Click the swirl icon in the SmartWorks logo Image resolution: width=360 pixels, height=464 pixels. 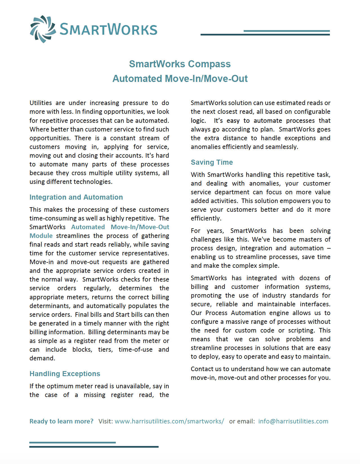pos(43,29)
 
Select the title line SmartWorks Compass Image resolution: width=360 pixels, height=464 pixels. pos(180,64)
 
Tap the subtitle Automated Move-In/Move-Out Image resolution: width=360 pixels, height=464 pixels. pos(180,79)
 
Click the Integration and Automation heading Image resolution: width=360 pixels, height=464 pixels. pos(76,197)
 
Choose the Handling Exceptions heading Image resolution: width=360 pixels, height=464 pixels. pos(65,374)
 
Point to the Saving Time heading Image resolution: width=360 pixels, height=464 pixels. pos(212,162)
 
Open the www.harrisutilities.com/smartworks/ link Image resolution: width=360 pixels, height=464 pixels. pos(169,421)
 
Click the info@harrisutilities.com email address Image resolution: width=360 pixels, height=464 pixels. pos(293,421)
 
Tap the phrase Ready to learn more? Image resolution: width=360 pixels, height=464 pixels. pos(61,421)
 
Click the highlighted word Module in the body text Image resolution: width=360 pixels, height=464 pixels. pos(41,236)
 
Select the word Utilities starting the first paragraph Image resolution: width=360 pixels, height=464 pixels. pos(41,103)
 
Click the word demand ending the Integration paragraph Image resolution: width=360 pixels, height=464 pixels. pos(42,358)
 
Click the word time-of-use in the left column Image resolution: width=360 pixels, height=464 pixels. pos(135,349)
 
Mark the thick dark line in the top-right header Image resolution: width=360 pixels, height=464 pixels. pos(265,35)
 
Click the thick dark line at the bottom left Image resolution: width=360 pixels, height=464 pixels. pos(94,447)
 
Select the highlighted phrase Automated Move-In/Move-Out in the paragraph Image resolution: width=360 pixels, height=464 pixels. pos(120,227)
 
